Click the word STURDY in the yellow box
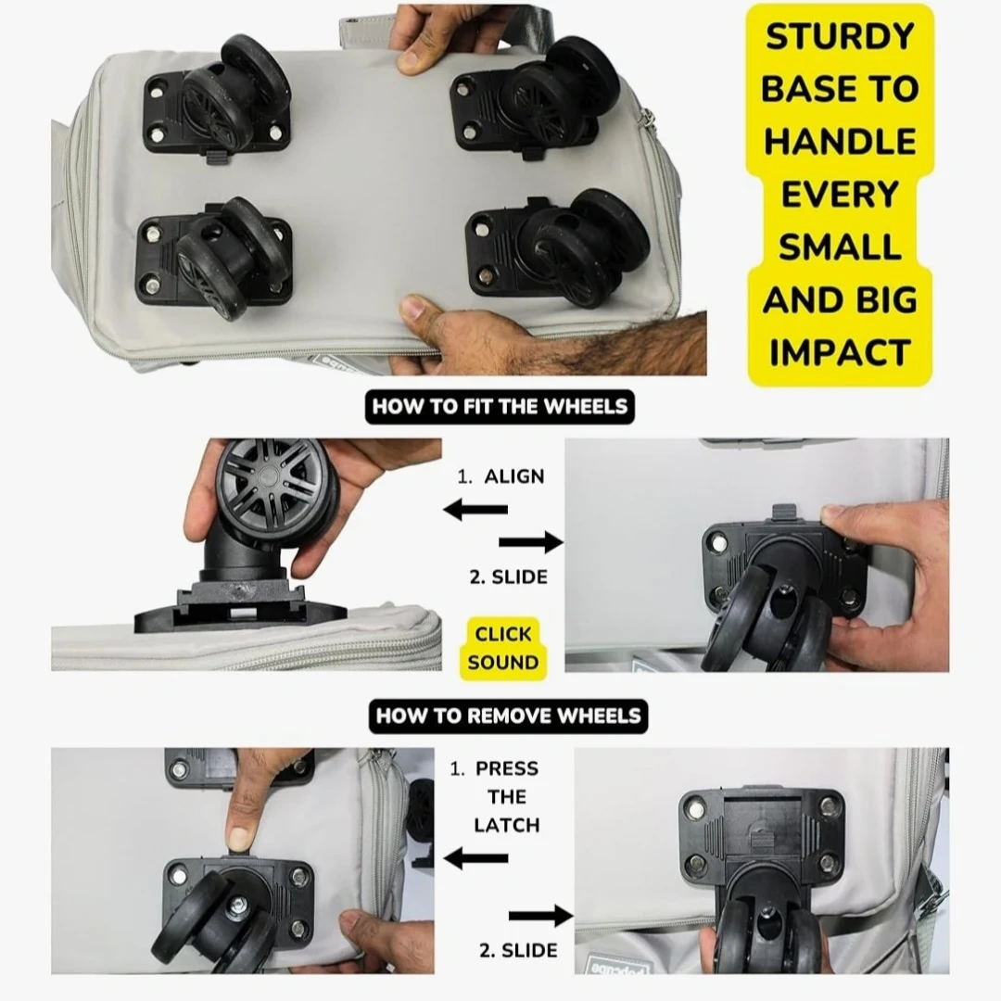point(840,36)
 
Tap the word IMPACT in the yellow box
point(840,352)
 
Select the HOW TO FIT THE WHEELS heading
point(500,407)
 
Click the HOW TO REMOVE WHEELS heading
point(508,716)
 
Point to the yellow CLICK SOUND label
point(503,648)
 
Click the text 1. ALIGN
point(500,476)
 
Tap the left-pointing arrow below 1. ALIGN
point(475,510)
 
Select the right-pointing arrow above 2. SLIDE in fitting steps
point(530,542)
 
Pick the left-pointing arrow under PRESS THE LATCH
point(475,858)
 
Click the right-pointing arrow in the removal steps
point(540,916)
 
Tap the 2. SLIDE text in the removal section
point(518,950)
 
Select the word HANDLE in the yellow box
point(840,141)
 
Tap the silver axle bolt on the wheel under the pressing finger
point(239,904)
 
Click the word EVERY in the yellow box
point(840,194)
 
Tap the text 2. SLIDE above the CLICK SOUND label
point(508,577)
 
